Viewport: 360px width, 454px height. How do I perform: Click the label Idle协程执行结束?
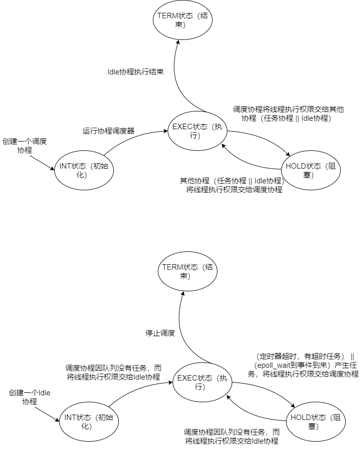pyautogui.click(x=136, y=71)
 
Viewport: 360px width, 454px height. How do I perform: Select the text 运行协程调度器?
pyautogui.click(x=108, y=131)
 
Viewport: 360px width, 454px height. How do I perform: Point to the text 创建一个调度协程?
pyautogui.click(x=25, y=145)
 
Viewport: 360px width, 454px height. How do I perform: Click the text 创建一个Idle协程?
pyautogui.click(x=30, y=397)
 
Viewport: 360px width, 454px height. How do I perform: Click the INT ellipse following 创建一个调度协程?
pyautogui.click(x=84, y=171)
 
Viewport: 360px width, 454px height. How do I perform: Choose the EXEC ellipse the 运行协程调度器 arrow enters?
pyautogui.click(x=197, y=131)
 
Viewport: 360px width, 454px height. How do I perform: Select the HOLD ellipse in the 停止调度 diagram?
pyautogui.click(x=316, y=421)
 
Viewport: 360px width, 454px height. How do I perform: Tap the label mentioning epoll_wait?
pyautogui.click(x=303, y=365)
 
